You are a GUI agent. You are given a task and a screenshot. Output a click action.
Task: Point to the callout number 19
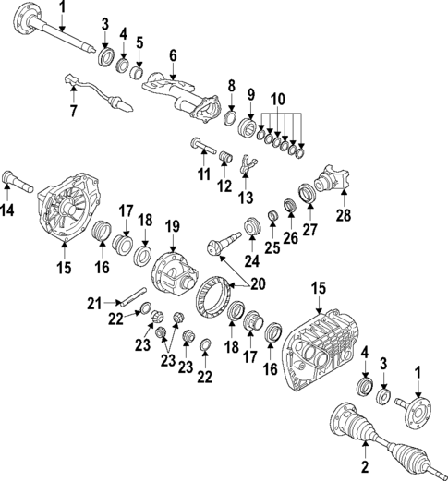(x=172, y=225)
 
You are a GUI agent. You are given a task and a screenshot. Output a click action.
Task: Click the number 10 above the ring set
(x=278, y=99)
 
